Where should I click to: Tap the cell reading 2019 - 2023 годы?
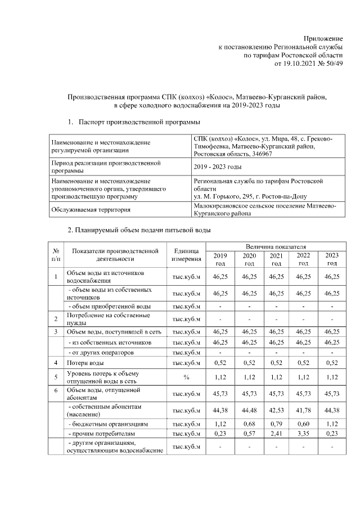(218, 167)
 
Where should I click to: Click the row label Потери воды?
(85, 363)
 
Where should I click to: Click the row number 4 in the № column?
(56, 363)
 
